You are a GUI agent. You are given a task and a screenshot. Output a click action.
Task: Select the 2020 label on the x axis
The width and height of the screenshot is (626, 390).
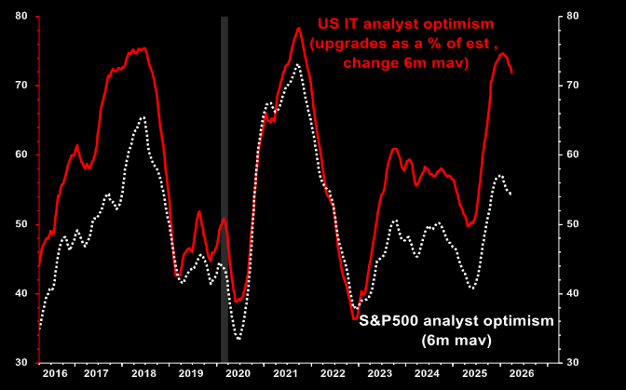click(x=238, y=372)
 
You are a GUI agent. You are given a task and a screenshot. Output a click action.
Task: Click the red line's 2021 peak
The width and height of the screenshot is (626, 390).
click(x=298, y=28)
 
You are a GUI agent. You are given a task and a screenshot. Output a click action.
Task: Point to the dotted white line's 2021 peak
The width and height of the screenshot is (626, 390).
click(x=295, y=64)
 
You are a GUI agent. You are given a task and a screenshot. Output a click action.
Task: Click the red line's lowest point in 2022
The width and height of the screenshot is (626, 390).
click(x=355, y=319)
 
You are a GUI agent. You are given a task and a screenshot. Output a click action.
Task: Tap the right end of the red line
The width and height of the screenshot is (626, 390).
click(x=511, y=73)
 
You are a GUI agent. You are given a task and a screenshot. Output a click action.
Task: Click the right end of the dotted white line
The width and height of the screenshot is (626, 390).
click(x=510, y=194)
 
